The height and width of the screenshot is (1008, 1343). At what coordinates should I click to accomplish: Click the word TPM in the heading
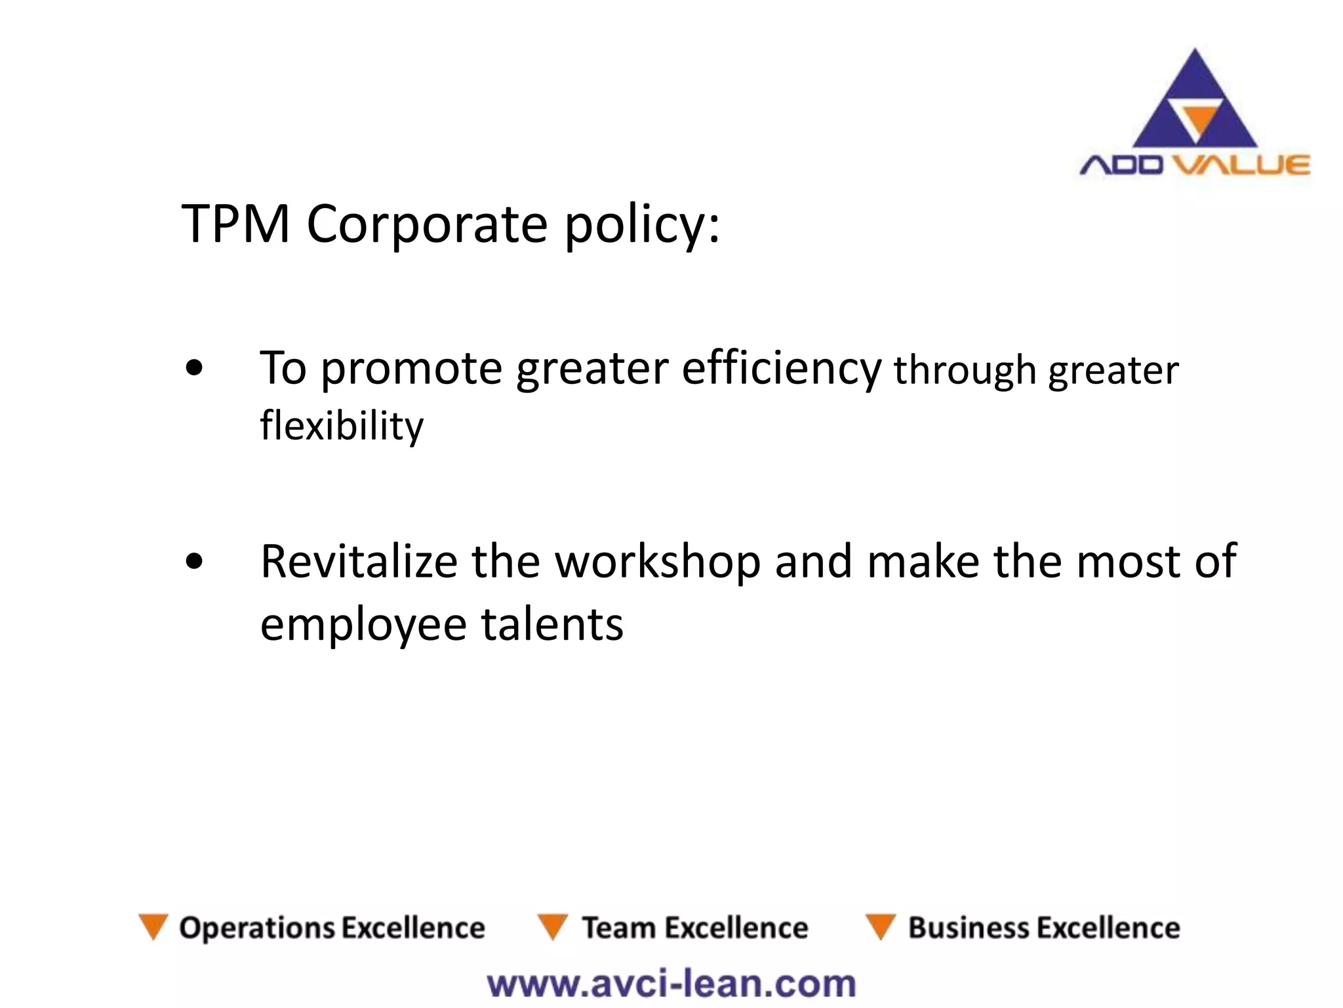click(235, 224)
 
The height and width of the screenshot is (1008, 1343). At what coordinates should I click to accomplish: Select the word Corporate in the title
click(427, 224)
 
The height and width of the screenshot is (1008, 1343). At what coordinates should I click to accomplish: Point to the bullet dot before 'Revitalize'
click(194, 562)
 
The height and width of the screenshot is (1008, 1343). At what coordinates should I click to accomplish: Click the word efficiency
click(782, 369)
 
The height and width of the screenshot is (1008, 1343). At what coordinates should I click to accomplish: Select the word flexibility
click(342, 426)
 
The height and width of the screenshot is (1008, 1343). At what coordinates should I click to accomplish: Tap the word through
click(965, 371)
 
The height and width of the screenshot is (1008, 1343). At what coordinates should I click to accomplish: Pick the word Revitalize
click(359, 562)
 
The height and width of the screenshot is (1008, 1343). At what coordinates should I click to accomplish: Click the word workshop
click(658, 562)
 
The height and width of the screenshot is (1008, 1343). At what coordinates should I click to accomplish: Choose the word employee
click(363, 624)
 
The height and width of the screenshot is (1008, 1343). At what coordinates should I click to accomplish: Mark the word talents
click(552, 624)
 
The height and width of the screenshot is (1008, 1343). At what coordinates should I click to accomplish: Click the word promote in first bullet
click(411, 369)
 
